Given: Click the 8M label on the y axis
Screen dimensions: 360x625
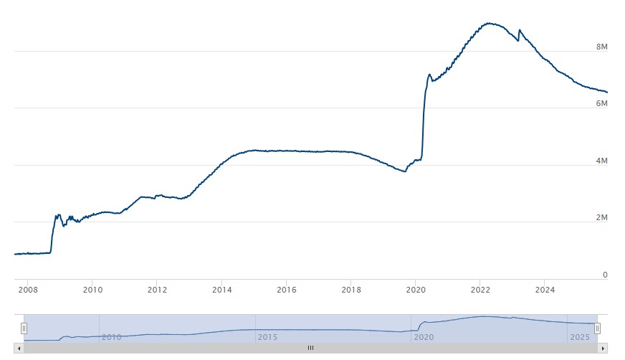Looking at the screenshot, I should click(x=602, y=47).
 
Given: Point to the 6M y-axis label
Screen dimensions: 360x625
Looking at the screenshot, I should click(x=602, y=104).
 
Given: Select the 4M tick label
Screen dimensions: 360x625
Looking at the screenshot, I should click(x=602, y=161).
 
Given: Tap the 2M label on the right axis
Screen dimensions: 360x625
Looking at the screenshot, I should click(x=602, y=218).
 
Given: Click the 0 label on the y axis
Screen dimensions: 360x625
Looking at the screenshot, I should click(x=605, y=275).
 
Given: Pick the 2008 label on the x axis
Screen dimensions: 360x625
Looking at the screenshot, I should click(x=28, y=290).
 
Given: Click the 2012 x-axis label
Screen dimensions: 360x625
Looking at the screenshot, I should click(x=157, y=290).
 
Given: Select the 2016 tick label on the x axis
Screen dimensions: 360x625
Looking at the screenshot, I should click(x=286, y=290).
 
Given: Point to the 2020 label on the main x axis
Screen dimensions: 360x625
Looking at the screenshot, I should click(x=415, y=290).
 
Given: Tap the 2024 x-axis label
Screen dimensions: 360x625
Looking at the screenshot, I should click(x=544, y=290).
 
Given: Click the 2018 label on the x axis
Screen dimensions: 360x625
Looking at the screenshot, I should click(x=350, y=290).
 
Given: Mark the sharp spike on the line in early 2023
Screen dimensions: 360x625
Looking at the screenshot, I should click(x=520, y=30).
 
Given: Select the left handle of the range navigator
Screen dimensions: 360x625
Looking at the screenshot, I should click(x=24, y=328).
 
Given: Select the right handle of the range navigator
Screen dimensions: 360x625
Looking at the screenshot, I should click(x=597, y=328).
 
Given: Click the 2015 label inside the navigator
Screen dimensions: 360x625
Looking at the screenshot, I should click(x=267, y=336).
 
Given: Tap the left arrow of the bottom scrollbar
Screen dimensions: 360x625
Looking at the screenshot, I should click(x=19, y=348).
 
